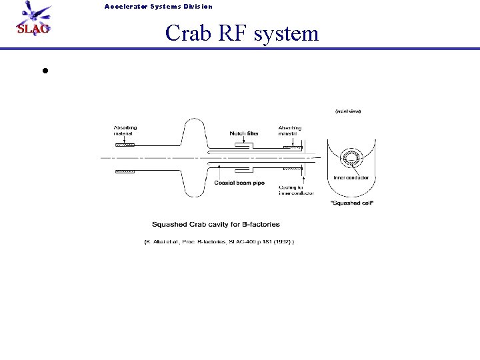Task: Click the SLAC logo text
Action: coord(32,29)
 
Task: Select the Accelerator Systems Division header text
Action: coord(158,7)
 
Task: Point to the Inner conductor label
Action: coord(351,177)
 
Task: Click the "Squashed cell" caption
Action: coord(351,203)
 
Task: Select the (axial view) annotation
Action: coord(347,111)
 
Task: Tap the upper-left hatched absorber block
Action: coord(125,145)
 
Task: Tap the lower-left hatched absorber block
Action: coord(125,171)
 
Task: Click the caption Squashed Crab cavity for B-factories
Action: coord(216,225)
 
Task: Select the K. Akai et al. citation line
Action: coord(219,241)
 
